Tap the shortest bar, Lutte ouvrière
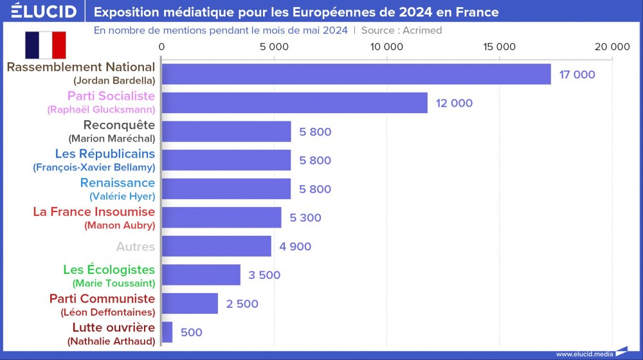167,332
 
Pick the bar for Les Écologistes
201,275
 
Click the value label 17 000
577,75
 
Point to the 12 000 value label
454,104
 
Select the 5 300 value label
305,218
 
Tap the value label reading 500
192,332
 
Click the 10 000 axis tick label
387,47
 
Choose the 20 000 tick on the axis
611,47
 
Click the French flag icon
46,44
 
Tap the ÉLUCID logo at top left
43,12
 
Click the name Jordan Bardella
114,80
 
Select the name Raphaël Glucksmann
101,109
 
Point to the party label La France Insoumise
94,212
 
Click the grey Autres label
135,246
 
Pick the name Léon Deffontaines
107,312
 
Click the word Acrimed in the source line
422,30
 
